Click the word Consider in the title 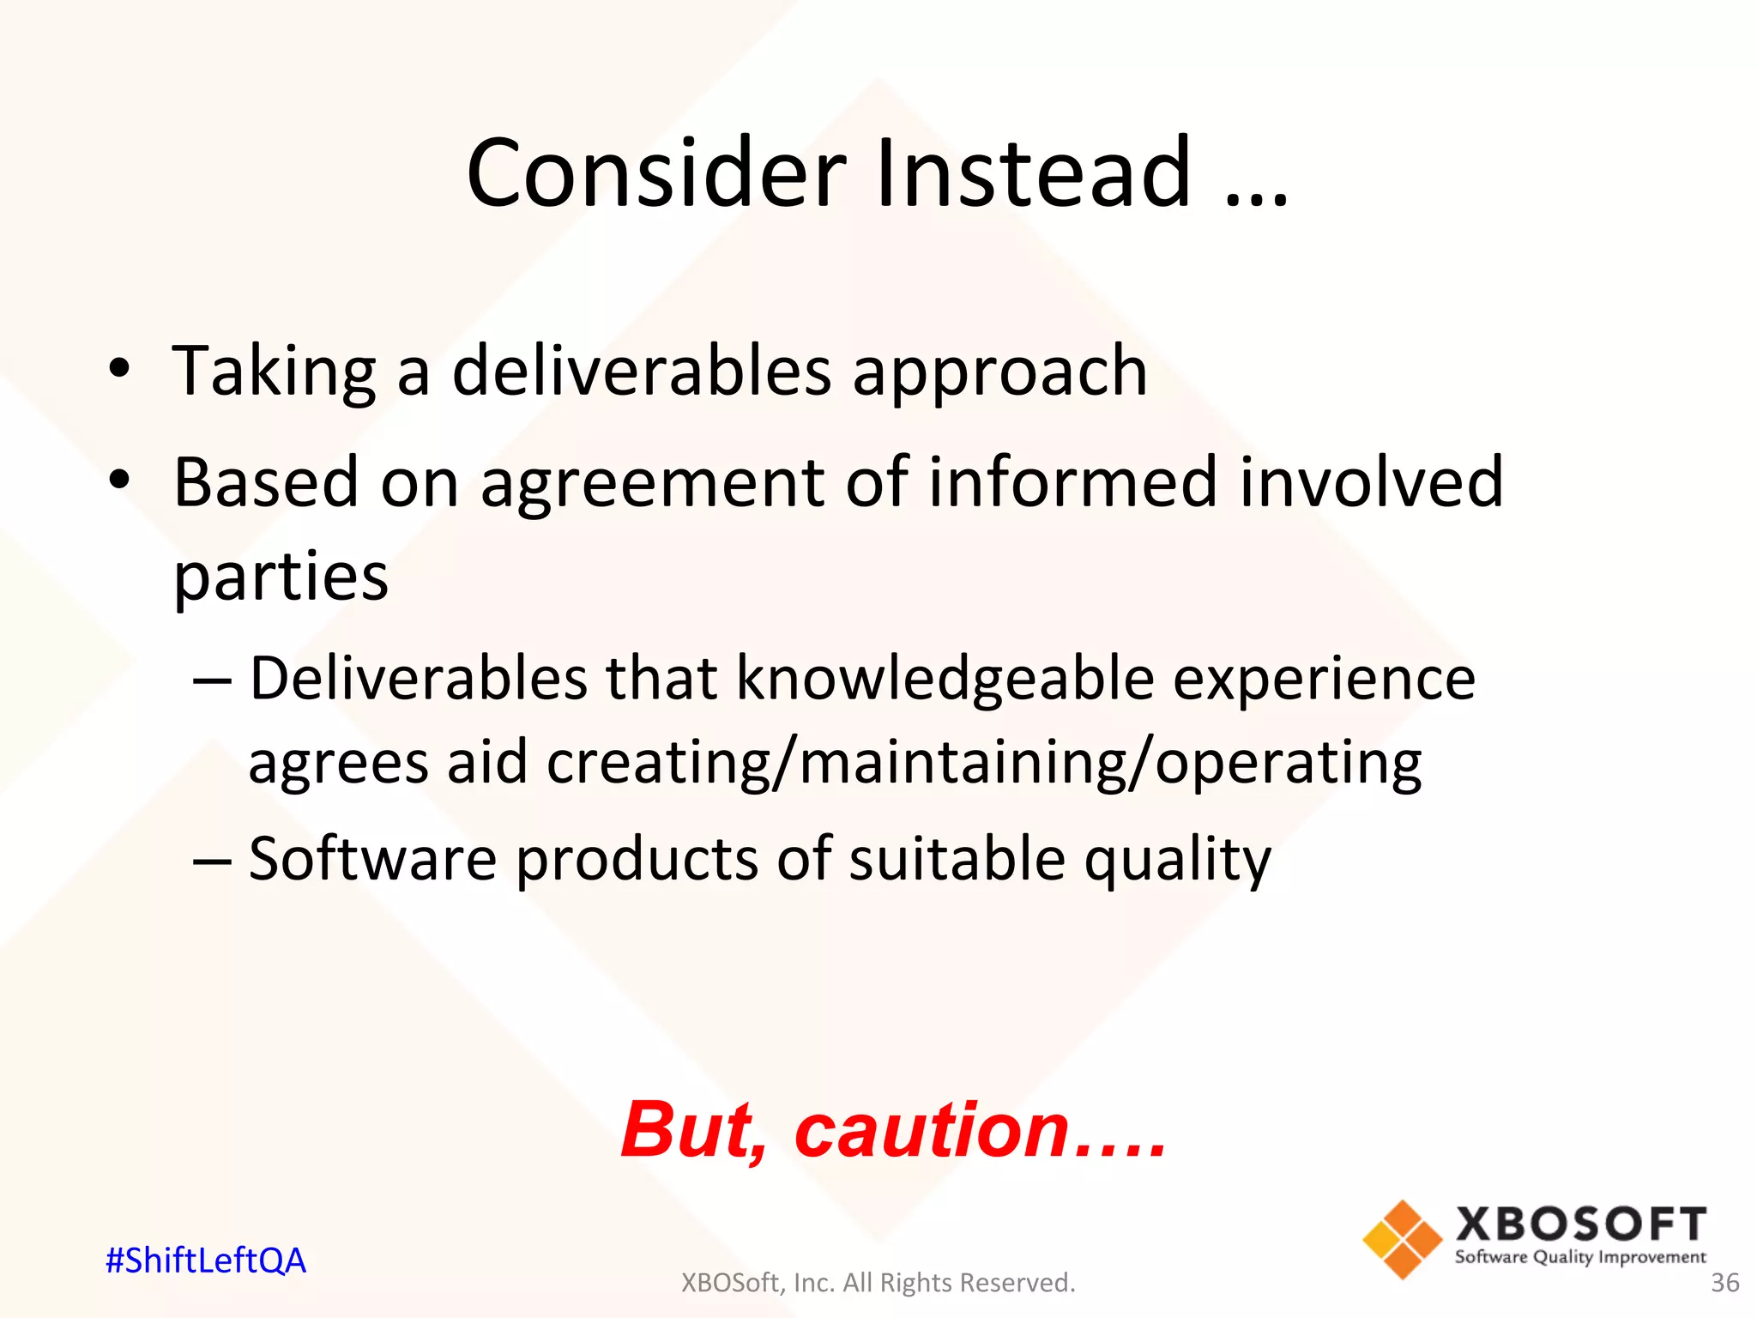pyautogui.click(x=656, y=174)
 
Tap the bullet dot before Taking pyautogui.click(x=119, y=370)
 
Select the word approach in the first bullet pyautogui.click(x=999, y=372)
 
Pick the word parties pyautogui.click(x=281, y=577)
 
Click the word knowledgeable pyautogui.click(x=945, y=679)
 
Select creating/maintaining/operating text pyautogui.click(x=983, y=763)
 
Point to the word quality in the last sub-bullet pyautogui.click(x=1177, y=861)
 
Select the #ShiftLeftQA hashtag pyautogui.click(x=205, y=1261)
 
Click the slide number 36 pyautogui.click(x=1724, y=1283)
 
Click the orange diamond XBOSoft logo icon pyautogui.click(x=1402, y=1239)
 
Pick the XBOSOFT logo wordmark pyautogui.click(x=1580, y=1224)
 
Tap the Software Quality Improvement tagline pyautogui.click(x=1580, y=1257)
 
